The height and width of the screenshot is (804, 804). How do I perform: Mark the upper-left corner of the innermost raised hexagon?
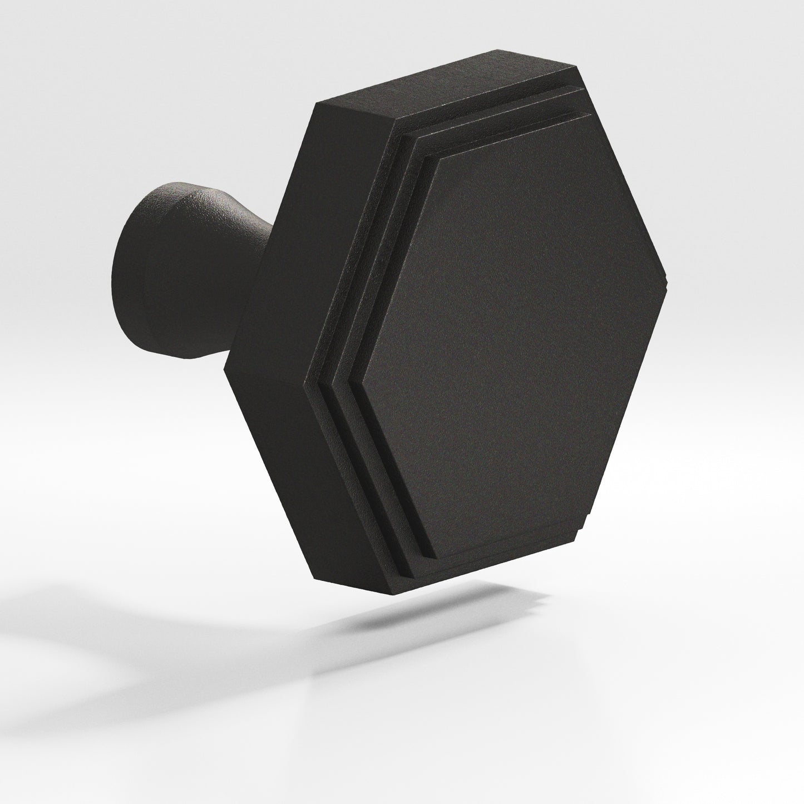(x=440, y=157)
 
